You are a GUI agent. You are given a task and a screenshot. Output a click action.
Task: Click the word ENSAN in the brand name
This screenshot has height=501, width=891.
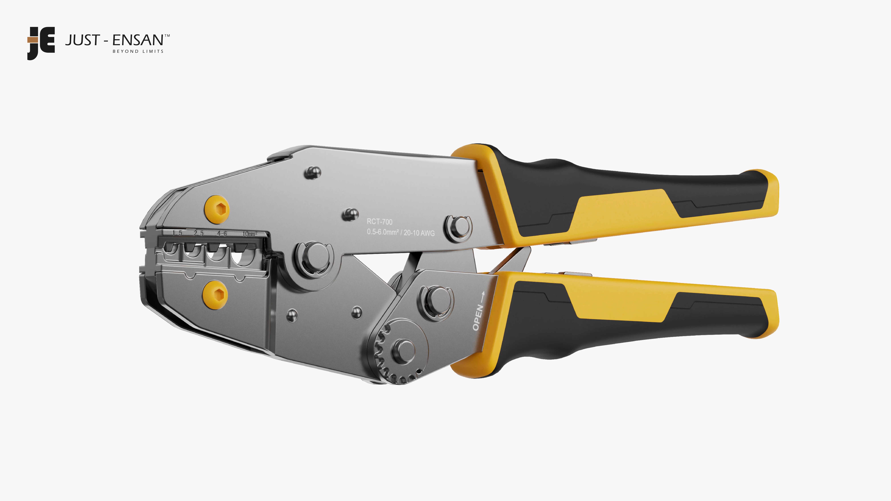[x=138, y=40]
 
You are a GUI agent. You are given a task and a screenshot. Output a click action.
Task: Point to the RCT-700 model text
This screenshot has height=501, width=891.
[x=379, y=222]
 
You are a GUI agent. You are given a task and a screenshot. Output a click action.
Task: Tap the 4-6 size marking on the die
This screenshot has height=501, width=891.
[x=222, y=234]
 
